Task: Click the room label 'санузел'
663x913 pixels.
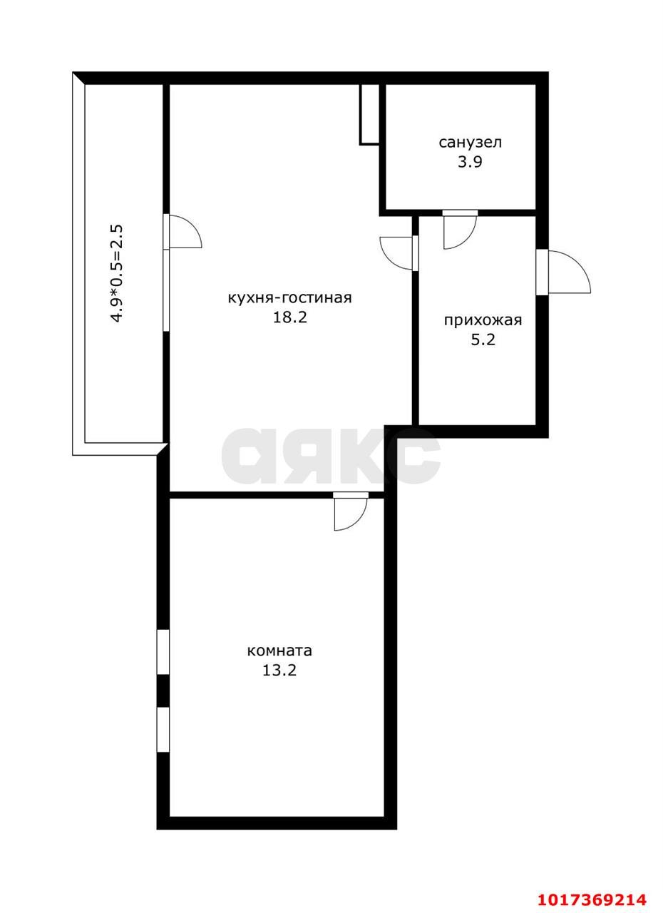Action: [470, 143]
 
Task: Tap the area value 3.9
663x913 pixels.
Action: [470, 162]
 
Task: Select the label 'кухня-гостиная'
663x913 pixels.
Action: [289, 298]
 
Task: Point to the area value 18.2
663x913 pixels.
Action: [289, 317]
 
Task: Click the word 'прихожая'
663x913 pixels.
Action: [483, 320]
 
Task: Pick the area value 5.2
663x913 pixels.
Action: [483, 340]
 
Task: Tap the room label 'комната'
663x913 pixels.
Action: [279, 651]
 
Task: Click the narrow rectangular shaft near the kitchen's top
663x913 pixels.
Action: [369, 115]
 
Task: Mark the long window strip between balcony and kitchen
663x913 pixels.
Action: [165, 290]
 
